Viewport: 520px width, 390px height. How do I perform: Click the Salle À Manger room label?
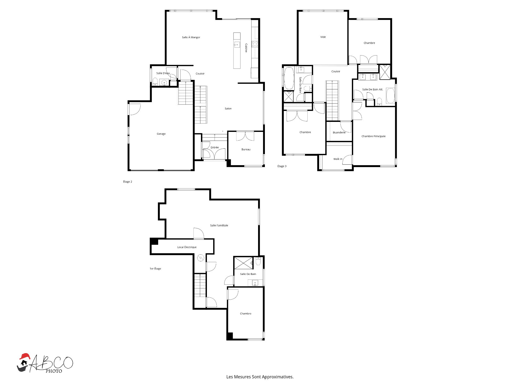[x=191, y=37]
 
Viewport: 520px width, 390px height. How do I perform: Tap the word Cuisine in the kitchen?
[x=246, y=48]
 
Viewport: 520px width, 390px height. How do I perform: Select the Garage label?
[x=161, y=134]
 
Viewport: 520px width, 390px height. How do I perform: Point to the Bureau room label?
[x=246, y=149]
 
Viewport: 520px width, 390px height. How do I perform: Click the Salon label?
[x=228, y=109]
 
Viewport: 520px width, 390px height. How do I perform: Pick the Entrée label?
[x=214, y=148]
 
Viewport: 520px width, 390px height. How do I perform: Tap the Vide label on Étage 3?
[x=323, y=37]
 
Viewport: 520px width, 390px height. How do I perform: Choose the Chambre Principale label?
[x=373, y=136]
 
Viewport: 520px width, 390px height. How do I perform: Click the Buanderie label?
[x=339, y=132]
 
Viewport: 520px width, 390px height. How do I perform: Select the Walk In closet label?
[x=338, y=159]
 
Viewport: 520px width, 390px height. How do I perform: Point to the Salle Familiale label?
[x=219, y=225]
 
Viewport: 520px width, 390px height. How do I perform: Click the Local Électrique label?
[x=187, y=247]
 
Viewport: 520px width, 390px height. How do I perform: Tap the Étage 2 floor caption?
[x=128, y=182]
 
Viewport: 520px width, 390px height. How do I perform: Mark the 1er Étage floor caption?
[x=155, y=269]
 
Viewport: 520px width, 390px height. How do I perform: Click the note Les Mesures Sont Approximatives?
[x=260, y=377]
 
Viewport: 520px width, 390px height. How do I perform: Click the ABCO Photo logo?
[x=45, y=363]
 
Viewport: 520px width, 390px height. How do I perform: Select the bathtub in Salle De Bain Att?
[x=390, y=96]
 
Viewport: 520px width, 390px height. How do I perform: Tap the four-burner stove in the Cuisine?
[x=255, y=44]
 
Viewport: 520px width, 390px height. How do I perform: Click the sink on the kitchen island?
[x=237, y=45]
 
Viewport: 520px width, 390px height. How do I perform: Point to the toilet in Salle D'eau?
[x=155, y=81]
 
